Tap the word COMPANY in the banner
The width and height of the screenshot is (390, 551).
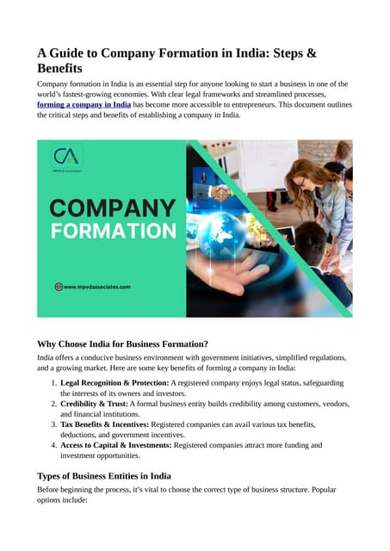112,207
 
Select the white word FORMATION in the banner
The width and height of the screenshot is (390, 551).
112,231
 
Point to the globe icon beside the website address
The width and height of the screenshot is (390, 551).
59,287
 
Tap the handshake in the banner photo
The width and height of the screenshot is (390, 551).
226,195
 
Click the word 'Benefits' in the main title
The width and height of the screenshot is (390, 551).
67,67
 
